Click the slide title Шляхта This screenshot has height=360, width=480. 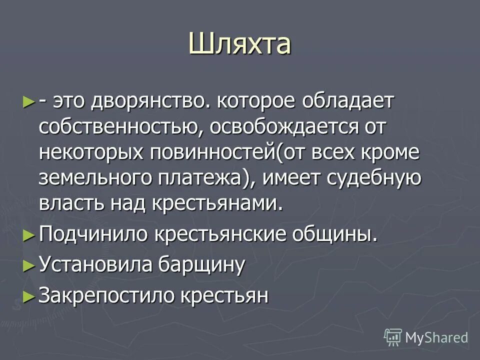pos(239,43)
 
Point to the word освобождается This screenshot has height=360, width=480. pos(282,127)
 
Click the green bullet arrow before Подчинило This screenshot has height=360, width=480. pos(29,234)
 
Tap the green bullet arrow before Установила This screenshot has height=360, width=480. pos(29,265)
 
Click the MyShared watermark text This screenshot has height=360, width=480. pos(436,337)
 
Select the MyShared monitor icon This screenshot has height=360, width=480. pos(393,337)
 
